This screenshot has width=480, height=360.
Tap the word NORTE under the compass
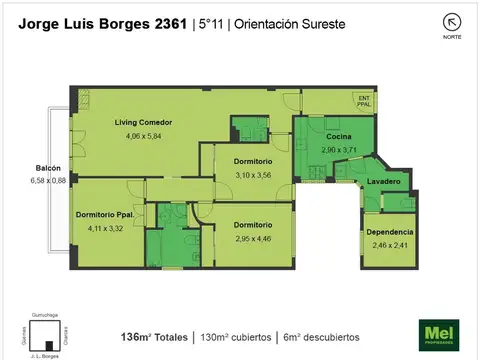click(452, 37)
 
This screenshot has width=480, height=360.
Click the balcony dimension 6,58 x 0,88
click(47, 180)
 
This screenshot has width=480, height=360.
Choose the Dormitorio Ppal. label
click(104, 215)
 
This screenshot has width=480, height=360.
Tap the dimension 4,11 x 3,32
click(105, 228)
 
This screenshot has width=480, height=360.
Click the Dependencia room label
click(389, 231)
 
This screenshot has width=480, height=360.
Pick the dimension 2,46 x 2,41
click(389, 244)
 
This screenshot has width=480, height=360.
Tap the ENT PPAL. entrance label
click(366, 99)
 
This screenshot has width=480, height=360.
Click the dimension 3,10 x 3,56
click(253, 174)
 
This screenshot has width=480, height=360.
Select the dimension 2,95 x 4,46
click(253, 238)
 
